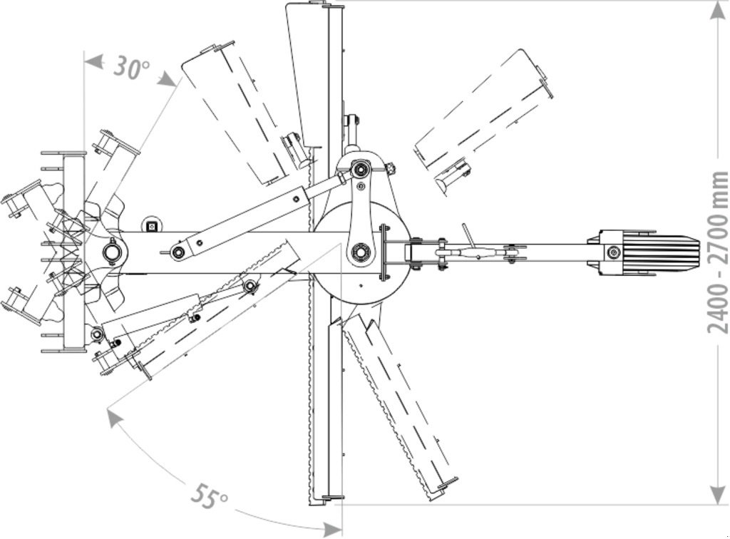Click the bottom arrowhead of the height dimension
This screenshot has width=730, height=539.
[x=717, y=493]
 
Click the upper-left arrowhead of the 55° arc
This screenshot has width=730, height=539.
[x=113, y=417]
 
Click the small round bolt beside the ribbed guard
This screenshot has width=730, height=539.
[x=612, y=252]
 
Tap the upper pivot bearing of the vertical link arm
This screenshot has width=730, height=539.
[x=361, y=170]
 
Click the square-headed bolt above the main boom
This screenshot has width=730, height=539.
[x=150, y=226]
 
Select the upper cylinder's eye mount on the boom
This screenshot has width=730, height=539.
[x=177, y=252]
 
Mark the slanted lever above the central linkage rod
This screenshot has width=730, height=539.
[x=468, y=234]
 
